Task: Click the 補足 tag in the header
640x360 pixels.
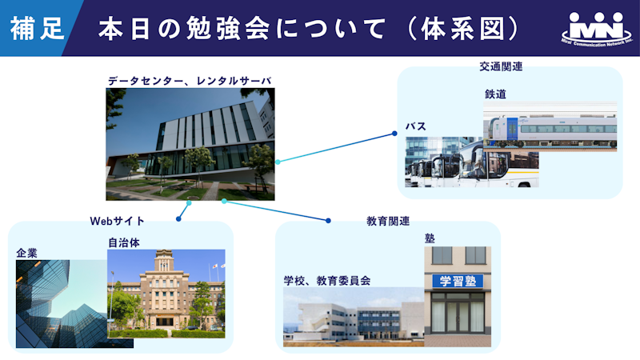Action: [x=37, y=29]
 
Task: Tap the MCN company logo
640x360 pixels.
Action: [x=597, y=29]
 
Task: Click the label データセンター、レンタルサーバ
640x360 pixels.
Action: [x=190, y=81]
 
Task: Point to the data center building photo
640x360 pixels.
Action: [x=190, y=144]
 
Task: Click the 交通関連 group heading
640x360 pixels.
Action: [x=501, y=66]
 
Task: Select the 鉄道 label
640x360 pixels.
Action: [x=495, y=94]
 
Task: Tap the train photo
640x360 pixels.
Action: [x=550, y=126]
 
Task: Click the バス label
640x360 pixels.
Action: [x=416, y=126]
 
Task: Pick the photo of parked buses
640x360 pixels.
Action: [x=471, y=163]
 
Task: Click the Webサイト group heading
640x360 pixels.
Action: [x=117, y=221]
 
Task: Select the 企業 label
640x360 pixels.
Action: [x=27, y=253]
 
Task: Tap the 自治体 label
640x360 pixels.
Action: [x=124, y=243]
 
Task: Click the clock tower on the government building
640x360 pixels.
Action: [x=164, y=262]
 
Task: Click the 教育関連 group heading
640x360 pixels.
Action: [x=388, y=222]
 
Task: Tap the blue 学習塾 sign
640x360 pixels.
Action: [x=458, y=281]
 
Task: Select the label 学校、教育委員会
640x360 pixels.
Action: [x=327, y=281]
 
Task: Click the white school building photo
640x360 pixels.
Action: [x=354, y=317]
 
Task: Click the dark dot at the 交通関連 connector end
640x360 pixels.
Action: [x=394, y=134]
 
